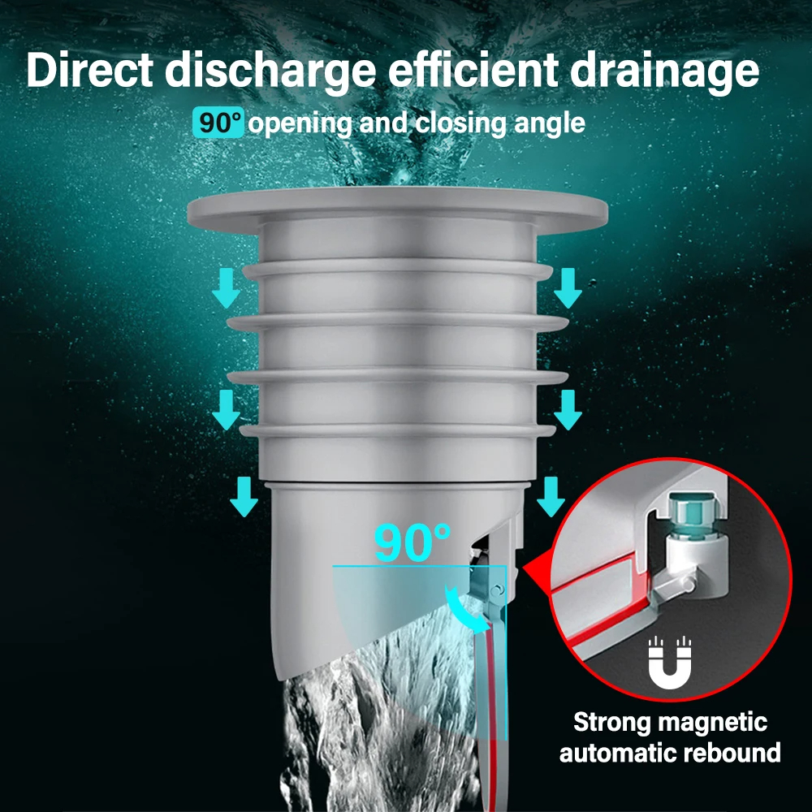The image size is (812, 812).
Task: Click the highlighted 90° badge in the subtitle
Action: [218, 123]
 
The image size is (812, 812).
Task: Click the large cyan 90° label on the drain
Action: [412, 542]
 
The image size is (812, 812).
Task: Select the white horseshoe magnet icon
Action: [670, 663]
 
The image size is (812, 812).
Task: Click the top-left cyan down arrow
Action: [226, 288]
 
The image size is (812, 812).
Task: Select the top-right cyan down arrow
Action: [568, 288]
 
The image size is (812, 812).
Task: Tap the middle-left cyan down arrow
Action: [226, 409]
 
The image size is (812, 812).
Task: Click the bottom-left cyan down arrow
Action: [244, 497]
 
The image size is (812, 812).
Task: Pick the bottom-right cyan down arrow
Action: [551, 497]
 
